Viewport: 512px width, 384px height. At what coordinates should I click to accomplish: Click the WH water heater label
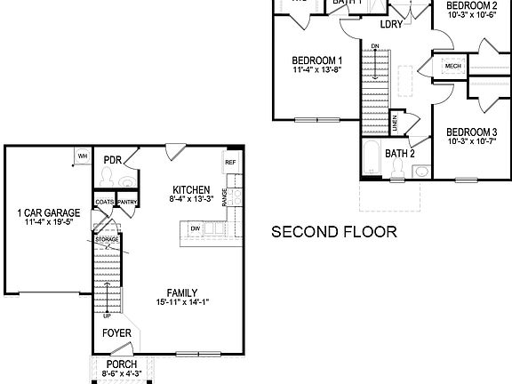(x=82, y=156)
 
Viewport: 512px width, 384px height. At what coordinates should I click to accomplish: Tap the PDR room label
(x=112, y=160)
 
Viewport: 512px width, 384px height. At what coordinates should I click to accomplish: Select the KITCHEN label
(x=191, y=189)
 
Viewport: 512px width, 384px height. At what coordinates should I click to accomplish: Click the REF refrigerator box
(x=229, y=163)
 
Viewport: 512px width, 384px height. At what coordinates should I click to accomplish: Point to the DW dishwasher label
(x=195, y=229)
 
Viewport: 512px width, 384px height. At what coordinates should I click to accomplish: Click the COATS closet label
(x=104, y=202)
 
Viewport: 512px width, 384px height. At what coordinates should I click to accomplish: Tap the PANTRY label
(x=127, y=202)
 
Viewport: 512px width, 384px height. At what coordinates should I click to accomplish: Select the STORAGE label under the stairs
(x=107, y=239)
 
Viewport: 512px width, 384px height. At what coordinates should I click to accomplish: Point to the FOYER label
(x=116, y=333)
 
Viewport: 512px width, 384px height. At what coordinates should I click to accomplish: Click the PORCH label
(x=122, y=364)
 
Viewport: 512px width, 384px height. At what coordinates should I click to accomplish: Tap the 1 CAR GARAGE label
(x=49, y=212)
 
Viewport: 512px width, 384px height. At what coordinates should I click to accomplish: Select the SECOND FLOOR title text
(x=333, y=233)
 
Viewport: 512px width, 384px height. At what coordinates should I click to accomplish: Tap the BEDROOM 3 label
(x=471, y=131)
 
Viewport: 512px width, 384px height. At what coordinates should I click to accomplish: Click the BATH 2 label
(x=400, y=153)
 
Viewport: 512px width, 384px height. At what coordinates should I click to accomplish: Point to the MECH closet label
(x=453, y=66)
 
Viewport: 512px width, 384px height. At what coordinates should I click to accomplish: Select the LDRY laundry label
(x=391, y=24)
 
